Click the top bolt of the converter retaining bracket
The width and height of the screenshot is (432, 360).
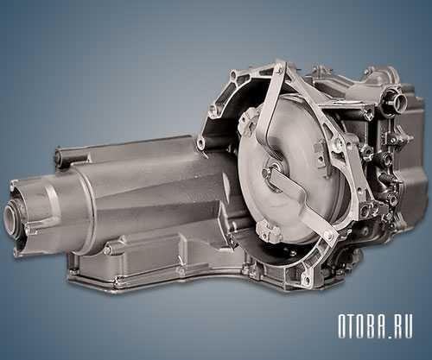pos(279,67)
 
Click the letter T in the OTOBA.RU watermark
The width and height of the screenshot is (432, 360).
pos(358,325)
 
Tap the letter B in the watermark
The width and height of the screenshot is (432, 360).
pos(380,325)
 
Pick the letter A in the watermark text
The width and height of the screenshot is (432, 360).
pos(391,325)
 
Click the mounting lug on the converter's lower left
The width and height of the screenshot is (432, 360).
pos(266,231)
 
